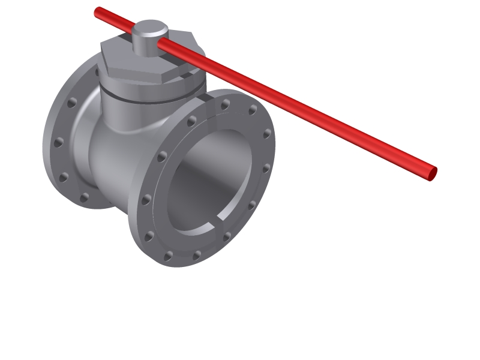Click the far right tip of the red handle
pyautogui.click(x=433, y=174)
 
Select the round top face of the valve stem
pyautogui.click(x=150, y=28)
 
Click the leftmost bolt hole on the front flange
pyautogui.click(x=145, y=199)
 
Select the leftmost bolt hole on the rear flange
pyautogui.click(x=58, y=143)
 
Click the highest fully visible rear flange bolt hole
pyautogui.click(x=72, y=103)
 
